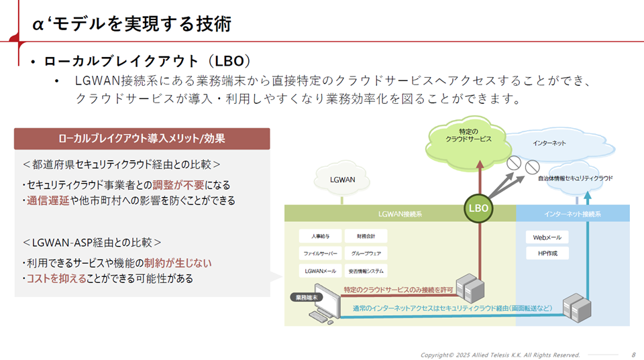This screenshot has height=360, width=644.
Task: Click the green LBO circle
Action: (x=478, y=208)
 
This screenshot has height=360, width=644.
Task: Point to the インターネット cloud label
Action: (x=549, y=143)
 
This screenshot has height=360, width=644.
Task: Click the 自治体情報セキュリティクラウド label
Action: (x=575, y=178)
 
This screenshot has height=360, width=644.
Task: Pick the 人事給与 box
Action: (x=319, y=237)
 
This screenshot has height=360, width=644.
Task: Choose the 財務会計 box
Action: (x=366, y=237)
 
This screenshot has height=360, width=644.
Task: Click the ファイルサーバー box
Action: (x=319, y=254)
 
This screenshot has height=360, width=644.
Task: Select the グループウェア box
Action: (x=366, y=254)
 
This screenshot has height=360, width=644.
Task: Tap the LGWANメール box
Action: (x=319, y=272)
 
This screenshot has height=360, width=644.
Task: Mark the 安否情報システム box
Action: (x=366, y=272)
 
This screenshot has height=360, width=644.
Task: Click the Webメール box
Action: (x=547, y=237)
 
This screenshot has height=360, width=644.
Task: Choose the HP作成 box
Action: (x=547, y=253)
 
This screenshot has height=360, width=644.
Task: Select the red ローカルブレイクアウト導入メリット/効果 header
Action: (x=142, y=139)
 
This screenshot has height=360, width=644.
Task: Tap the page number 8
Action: (x=634, y=354)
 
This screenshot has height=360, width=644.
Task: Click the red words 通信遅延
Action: (x=48, y=200)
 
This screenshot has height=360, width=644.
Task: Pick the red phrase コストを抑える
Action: (x=57, y=278)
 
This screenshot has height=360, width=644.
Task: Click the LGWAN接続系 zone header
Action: (x=399, y=214)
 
